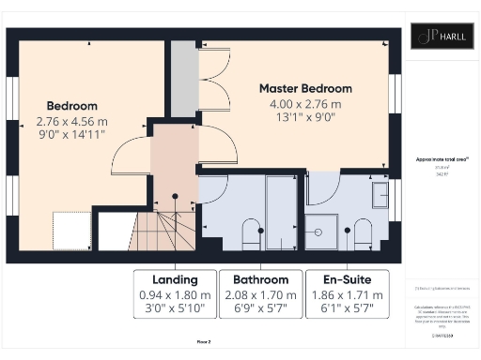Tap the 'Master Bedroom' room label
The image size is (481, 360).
coord(307,88)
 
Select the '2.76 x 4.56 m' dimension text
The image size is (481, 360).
coord(71,121)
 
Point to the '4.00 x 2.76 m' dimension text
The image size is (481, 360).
coord(306,103)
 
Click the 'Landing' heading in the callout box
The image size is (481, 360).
coord(175,279)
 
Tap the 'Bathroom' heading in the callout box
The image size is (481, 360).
coord(260,279)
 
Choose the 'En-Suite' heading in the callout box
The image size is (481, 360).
coord(347,279)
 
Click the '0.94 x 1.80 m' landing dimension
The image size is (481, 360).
coord(175,294)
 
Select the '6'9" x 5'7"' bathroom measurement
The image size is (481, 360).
coord(260,308)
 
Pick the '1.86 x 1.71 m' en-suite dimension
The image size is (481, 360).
coord(347,294)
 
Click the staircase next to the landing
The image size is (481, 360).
coord(168,232)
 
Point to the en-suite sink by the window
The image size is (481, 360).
coord(380,195)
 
